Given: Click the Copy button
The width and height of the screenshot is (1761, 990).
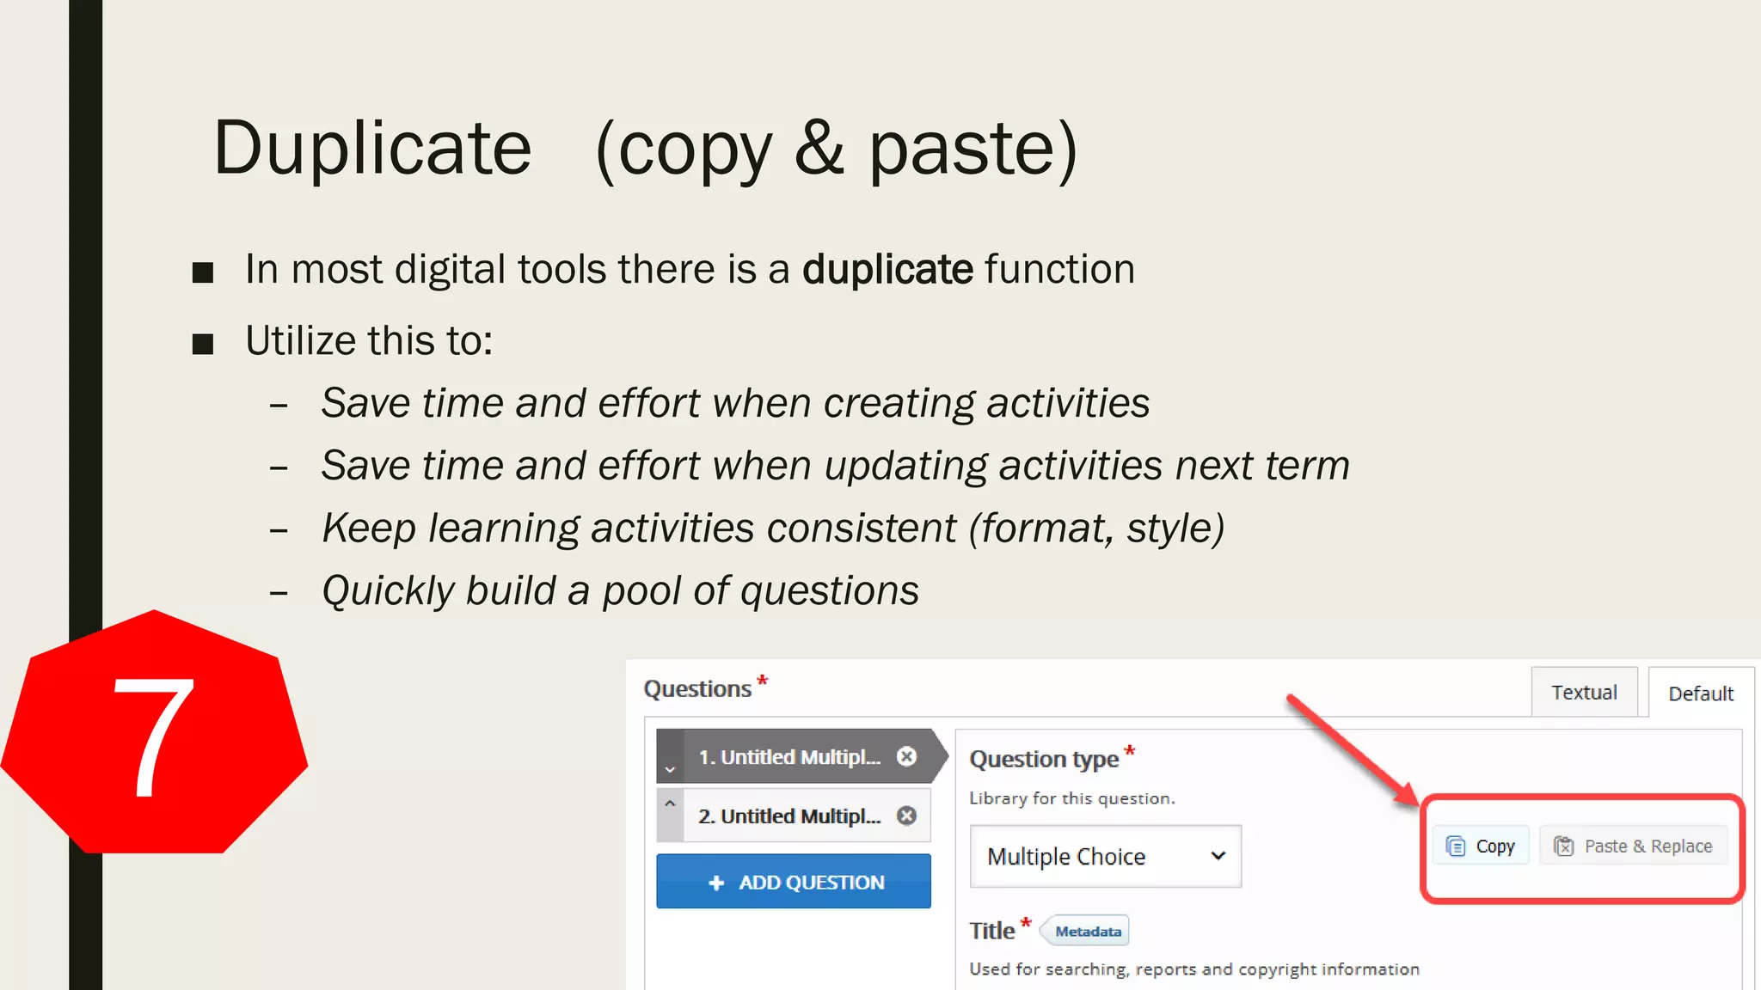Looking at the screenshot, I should pos(1481,846).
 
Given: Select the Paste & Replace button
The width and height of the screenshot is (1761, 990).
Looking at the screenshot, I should pos(1633,846).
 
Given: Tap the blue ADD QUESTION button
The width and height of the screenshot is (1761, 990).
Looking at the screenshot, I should pos(793,882).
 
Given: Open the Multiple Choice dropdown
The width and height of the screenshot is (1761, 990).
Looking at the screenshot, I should pos(1105,856).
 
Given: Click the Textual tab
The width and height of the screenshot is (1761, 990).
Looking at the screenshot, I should pos(1583,693).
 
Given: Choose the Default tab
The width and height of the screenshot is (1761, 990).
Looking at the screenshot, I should pos(1700,694).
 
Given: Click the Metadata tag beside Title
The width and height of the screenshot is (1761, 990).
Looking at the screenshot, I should pos(1087,932).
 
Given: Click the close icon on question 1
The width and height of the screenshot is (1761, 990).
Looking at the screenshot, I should pos(906,756).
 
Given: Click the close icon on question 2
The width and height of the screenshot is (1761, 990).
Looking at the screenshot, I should pos(906,816).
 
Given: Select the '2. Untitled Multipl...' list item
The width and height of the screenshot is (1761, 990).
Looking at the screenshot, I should pos(788,816).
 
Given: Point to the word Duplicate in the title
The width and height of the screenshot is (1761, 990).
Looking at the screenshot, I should pos(372,148).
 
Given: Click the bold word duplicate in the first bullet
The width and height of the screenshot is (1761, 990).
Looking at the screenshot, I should pos(887,269).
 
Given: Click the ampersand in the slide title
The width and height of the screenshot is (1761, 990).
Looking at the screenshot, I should pos(819,148).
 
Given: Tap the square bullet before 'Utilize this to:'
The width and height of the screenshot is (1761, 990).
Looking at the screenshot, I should pos(203,344).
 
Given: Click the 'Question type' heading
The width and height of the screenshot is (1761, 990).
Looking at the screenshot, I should pos(1043,759).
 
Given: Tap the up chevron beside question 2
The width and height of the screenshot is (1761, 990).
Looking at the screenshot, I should pos(670,804).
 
